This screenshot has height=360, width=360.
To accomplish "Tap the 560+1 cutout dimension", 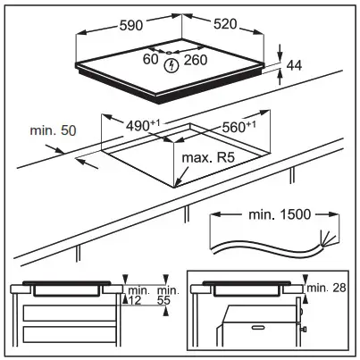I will tap(236, 126).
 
